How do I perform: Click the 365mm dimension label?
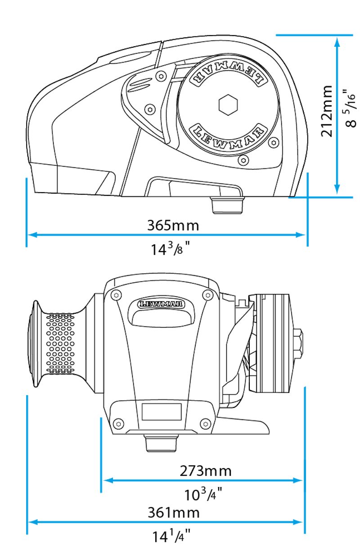click(x=173, y=226)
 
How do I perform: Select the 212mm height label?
click(x=327, y=111)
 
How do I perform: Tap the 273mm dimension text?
click(x=206, y=471)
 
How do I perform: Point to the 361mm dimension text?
click(x=174, y=513)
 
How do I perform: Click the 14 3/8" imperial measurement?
click(x=171, y=248)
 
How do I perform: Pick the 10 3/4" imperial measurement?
click(x=203, y=494)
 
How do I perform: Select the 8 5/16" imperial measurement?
click(x=350, y=108)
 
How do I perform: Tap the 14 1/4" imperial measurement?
click(x=171, y=536)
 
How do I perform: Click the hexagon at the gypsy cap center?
click(x=228, y=105)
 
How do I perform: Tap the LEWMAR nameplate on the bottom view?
click(x=161, y=304)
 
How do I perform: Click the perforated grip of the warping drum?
click(x=60, y=343)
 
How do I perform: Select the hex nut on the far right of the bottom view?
click(x=298, y=343)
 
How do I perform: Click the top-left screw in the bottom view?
click(x=116, y=295)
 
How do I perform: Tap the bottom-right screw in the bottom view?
click(x=206, y=424)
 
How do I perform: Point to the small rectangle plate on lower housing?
click(x=162, y=412)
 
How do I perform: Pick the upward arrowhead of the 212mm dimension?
click(x=337, y=42)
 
